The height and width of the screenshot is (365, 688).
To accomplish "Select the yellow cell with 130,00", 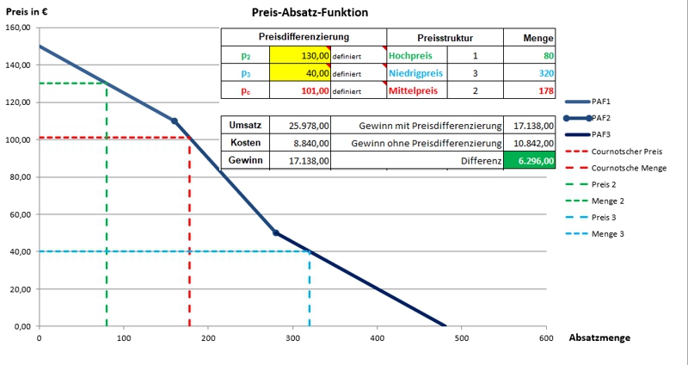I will (299, 54).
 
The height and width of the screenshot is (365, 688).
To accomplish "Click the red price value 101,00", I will (299, 90).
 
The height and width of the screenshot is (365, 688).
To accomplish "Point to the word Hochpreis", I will (410, 54).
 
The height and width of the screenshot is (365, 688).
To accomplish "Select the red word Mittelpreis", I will (414, 90).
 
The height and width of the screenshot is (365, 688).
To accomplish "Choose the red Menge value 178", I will (546, 90).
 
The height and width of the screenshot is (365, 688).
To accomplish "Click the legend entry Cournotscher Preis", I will (627, 152).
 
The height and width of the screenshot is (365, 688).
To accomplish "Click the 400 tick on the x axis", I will (377, 337).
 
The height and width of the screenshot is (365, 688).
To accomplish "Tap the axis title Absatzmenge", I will (599, 338).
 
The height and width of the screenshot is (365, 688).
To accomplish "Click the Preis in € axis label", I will (27, 11).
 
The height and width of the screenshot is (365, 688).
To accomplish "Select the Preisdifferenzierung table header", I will (304, 37).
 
